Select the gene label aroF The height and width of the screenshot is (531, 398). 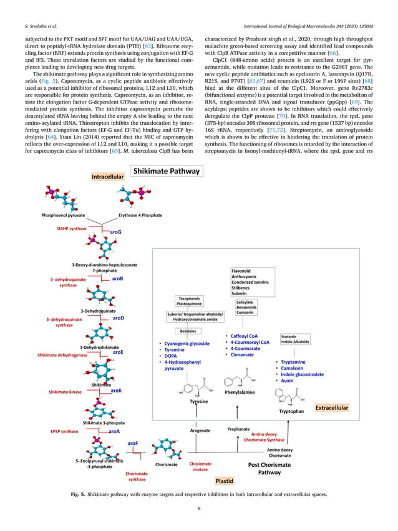click(133, 442)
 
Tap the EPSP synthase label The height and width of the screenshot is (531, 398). click(64, 431)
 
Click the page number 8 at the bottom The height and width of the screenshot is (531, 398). click(198, 509)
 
